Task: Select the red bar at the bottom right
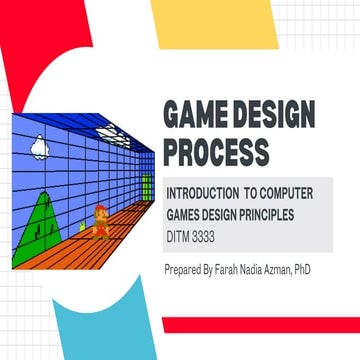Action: pyautogui.click(x=260, y=326)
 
